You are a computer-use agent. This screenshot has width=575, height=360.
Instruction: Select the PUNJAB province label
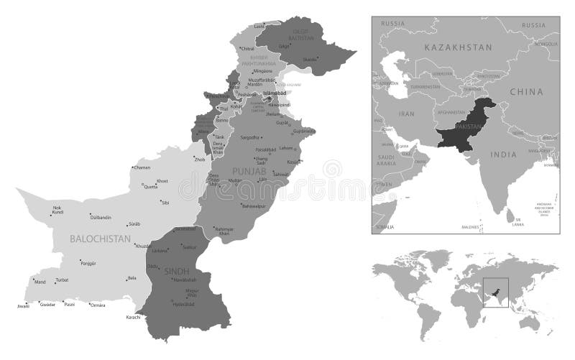point(249,172)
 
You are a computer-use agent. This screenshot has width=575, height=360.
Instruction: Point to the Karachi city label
point(134,317)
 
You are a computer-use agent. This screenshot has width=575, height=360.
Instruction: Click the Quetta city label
point(151,186)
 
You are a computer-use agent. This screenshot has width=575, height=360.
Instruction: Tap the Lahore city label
point(286,147)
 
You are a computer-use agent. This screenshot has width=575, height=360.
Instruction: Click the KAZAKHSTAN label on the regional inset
point(457,47)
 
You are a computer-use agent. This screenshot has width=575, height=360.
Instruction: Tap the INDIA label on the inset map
point(505,154)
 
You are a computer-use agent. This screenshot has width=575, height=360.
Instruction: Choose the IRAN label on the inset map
point(408,114)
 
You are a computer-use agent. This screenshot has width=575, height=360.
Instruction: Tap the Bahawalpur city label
point(257,206)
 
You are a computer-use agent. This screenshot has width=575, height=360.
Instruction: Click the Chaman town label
point(142,167)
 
